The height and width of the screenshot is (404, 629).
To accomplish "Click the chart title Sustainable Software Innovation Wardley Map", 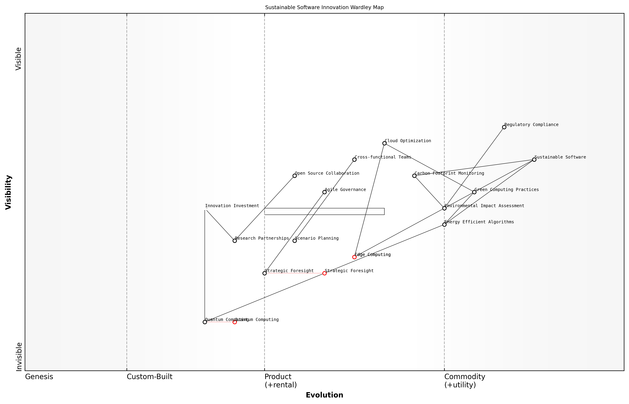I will coord(324,7).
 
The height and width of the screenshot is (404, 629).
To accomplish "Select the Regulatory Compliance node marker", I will coord(504,127).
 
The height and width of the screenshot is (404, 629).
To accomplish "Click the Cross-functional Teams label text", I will coord(383,157).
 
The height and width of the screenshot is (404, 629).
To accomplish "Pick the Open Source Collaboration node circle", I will coord(295,176).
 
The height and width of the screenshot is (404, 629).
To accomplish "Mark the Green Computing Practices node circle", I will coord(474,192).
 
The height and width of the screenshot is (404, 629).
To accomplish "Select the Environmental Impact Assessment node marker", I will coord(444,208).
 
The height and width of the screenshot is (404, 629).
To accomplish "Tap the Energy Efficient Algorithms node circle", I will coord(444,225).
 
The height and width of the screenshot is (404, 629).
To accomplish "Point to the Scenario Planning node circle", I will coord(295,241).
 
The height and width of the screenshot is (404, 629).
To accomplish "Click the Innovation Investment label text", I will coord(232,206).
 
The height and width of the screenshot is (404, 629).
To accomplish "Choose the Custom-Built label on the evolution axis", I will coord(149,377).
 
